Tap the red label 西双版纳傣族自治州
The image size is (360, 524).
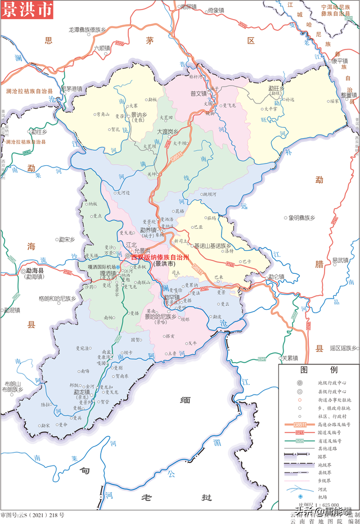click(x=160, y=256)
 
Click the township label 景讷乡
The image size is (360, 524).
click(x=139, y=114)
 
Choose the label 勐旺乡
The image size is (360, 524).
click(x=276, y=88)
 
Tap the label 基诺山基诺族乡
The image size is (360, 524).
click(x=213, y=246)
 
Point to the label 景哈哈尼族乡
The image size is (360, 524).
click(x=160, y=317)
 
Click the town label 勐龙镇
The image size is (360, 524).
click(x=85, y=391)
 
